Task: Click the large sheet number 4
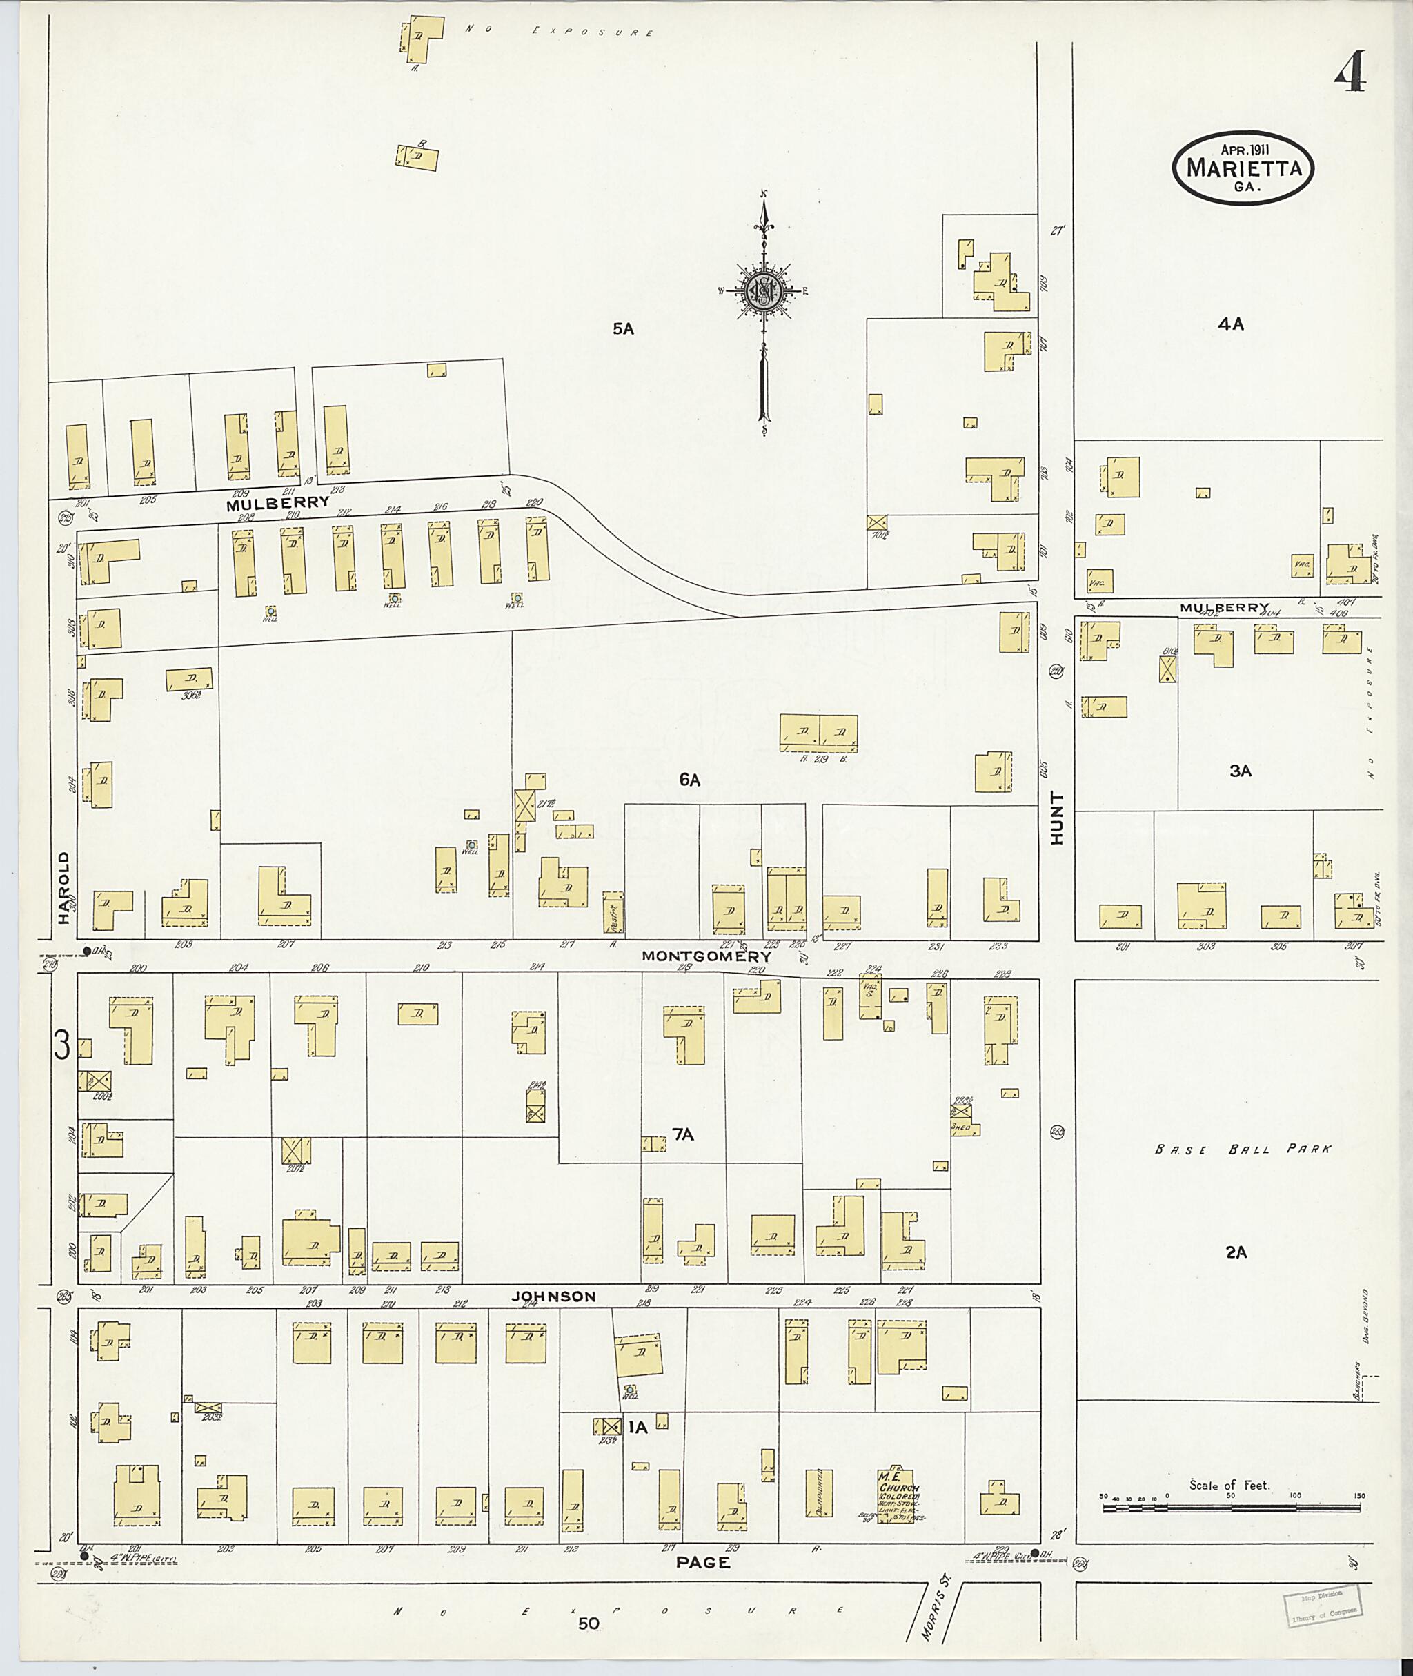click(x=1350, y=71)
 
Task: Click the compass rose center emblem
click(x=764, y=290)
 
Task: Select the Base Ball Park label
click(x=1243, y=1149)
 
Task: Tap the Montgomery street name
click(x=706, y=956)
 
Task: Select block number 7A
click(x=682, y=1134)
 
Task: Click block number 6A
click(x=690, y=780)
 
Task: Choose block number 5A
click(x=623, y=328)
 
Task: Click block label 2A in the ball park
click(x=1236, y=1274)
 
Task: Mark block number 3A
click(x=1240, y=771)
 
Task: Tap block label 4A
click(x=1230, y=324)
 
